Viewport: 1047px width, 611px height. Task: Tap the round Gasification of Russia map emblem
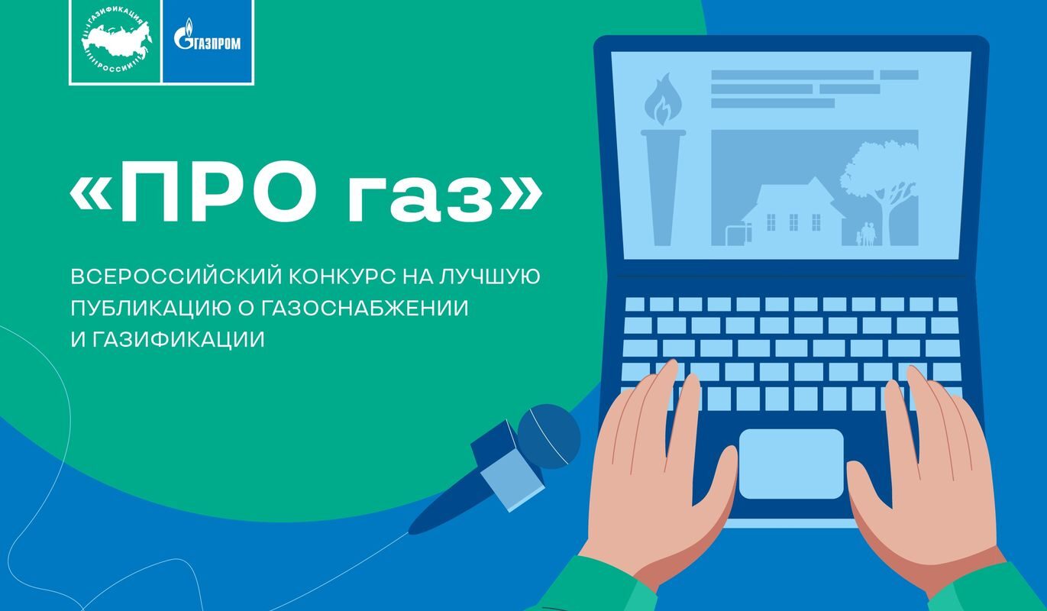(116, 42)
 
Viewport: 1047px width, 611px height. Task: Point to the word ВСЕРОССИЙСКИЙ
(176, 276)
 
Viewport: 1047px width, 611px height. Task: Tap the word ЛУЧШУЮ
(489, 276)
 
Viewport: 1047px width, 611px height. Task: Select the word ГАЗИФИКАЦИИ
(179, 340)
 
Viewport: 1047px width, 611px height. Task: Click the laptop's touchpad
(791, 464)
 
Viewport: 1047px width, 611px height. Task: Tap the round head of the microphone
(549, 436)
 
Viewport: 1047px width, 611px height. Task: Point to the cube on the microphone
(508, 466)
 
